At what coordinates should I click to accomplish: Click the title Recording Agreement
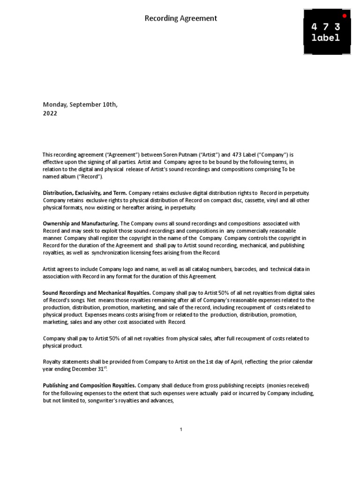pyautogui.click(x=180, y=18)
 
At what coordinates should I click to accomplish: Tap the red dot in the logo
pyautogui.click(x=345, y=15)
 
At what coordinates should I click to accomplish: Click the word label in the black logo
pyautogui.click(x=325, y=38)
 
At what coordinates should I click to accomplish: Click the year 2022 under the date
pyautogui.click(x=50, y=113)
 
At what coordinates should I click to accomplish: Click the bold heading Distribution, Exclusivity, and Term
pyautogui.click(x=85, y=193)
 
